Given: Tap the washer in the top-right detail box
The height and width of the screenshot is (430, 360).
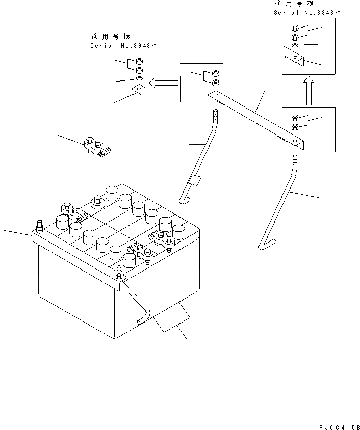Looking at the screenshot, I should (x=295, y=46).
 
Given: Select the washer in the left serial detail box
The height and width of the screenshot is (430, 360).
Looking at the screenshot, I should (x=139, y=79).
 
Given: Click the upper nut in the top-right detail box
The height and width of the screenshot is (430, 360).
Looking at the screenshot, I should (x=295, y=29).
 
